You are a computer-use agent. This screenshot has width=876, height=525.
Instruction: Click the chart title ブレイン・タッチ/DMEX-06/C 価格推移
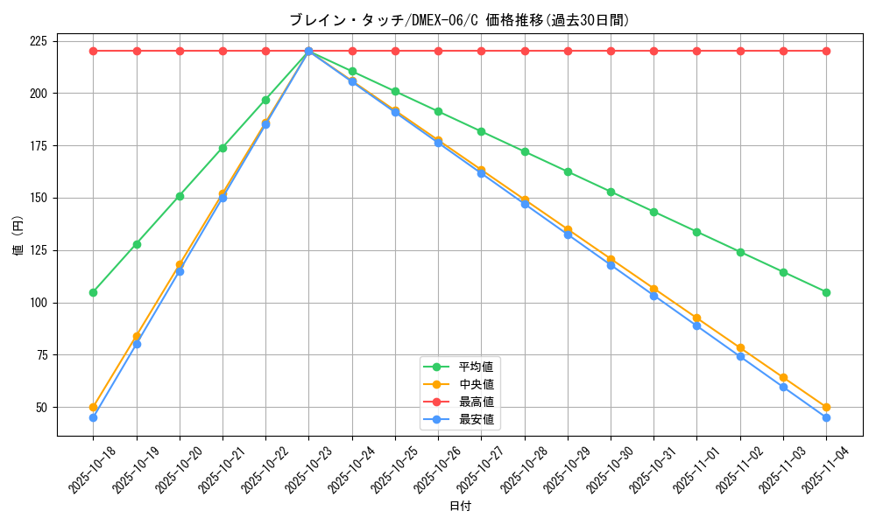[459, 20]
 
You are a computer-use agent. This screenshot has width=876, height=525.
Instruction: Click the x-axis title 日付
[460, 507]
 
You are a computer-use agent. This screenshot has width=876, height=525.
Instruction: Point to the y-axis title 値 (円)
[18, 237]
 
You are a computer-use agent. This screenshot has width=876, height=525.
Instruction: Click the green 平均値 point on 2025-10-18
[93, 292]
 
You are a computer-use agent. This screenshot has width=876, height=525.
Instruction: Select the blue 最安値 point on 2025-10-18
[93, 417]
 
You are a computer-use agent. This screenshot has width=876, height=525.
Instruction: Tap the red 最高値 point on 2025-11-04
[826, 51]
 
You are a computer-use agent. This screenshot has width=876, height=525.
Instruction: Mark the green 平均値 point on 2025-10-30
[611, 192]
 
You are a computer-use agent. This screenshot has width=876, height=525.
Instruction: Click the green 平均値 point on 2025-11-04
[826, 292]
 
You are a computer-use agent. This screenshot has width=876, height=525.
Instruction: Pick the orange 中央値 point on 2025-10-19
[137, 336]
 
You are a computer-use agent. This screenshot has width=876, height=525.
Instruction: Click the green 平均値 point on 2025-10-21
[223, 148]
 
